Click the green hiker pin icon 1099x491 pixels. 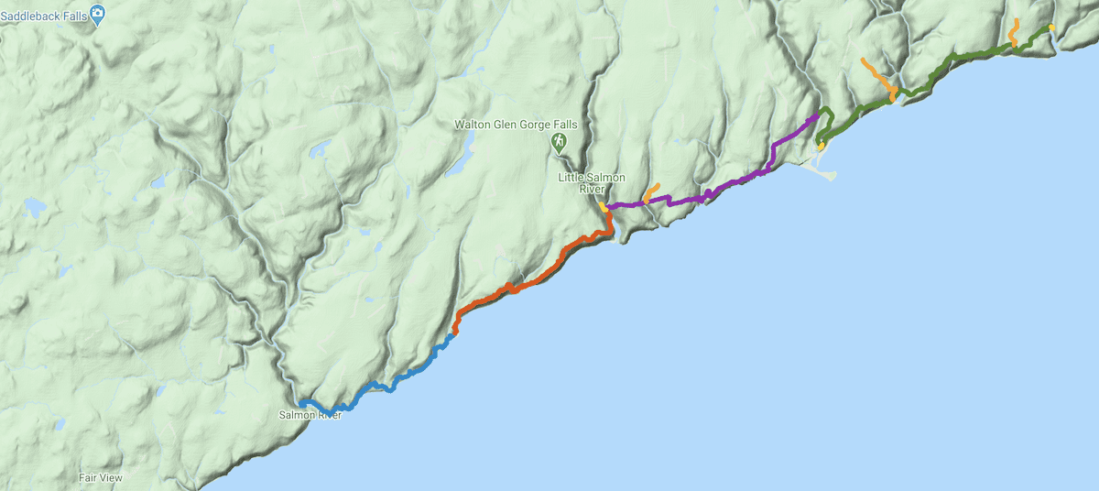[558, 143]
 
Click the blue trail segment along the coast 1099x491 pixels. [394, 384]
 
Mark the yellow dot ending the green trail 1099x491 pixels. [1051, 27]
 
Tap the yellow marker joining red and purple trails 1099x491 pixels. [604, 207]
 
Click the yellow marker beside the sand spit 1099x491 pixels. [822, 146]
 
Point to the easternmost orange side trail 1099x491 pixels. [1013, 32]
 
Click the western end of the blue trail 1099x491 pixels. [301, 402]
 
